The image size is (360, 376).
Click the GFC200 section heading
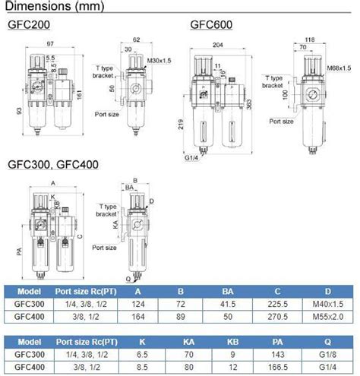coord(28,24)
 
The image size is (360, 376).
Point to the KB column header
coord(229,341)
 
